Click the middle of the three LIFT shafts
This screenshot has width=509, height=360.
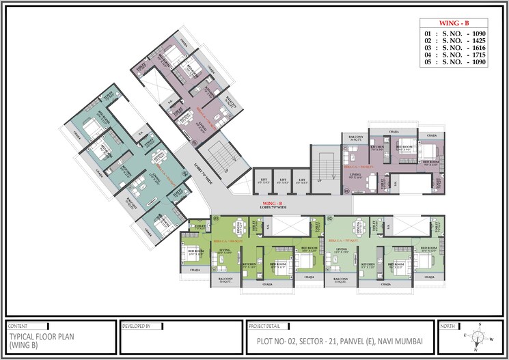click(x=282, y=182)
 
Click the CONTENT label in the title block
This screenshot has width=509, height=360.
click(x=19, y=327)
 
